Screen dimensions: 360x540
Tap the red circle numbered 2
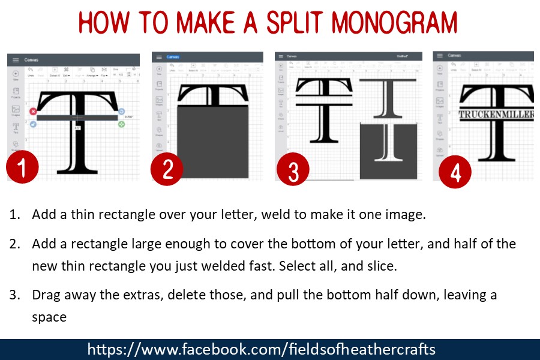[x=168, y=169]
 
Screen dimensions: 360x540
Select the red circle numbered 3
[x=293, y=170]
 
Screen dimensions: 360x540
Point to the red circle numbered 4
[x=455, y=173]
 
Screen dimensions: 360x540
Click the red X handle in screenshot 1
[x=33, y=112]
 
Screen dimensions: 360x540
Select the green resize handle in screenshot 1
[x=122, y=124]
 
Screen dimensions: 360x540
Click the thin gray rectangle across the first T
[x=77, y=118]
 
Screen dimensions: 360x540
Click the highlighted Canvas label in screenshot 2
[x=173, y=57]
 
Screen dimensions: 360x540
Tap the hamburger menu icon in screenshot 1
[x=14, y=60]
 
